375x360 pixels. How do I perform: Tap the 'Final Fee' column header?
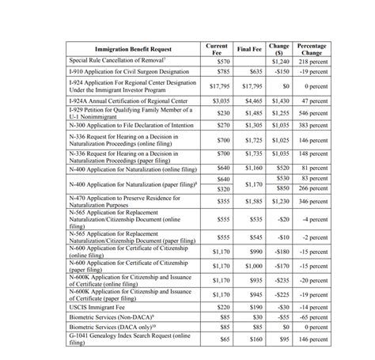coord(249,49)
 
